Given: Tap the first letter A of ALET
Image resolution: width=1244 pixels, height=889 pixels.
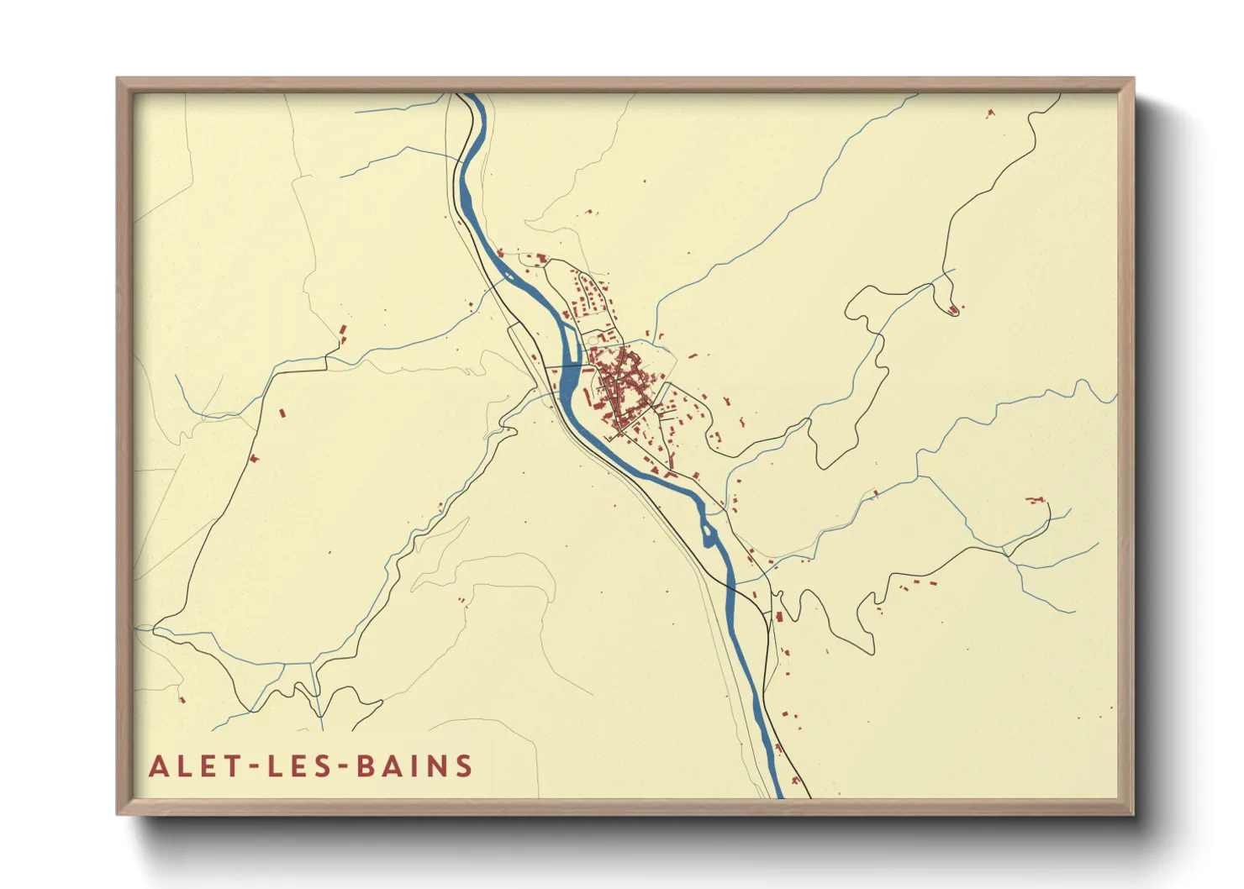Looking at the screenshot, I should click(x=157, y=766).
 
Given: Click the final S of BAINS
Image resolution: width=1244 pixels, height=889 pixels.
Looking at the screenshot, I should click(x=463, y=766).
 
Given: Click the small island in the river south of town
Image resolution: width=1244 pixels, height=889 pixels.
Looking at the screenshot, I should click(x=708, y=532).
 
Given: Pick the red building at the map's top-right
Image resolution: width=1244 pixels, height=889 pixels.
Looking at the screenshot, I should click(x=990, y=112).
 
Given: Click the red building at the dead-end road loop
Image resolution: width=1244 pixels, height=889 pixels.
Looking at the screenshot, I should click(x=953, y=311).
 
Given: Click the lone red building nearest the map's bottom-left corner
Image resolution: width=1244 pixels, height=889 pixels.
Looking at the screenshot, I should click(x=182, y=699).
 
